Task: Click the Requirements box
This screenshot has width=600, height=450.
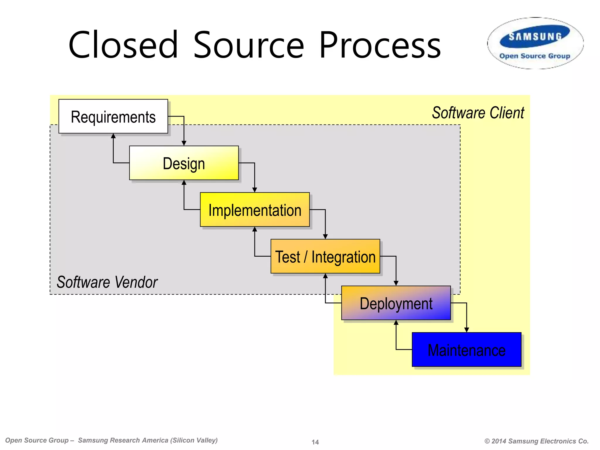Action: coord(113,117)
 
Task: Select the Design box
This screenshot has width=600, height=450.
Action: coord(184,163)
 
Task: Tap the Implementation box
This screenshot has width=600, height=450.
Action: coord(255,210)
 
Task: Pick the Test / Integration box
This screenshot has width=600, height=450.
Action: coord(325,256)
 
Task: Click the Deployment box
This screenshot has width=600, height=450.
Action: coord(396,303)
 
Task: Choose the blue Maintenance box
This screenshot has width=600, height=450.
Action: coord(466,350)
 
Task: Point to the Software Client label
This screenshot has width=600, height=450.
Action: coord(478,113)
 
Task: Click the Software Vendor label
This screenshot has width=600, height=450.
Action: coord(107,282)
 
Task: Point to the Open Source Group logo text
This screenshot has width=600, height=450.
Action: coord(535,56)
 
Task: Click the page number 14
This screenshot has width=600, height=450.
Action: coord(315,442)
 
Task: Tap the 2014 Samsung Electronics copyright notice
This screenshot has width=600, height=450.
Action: coord(536,441)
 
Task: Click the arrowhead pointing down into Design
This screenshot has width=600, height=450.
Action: coord(184,143)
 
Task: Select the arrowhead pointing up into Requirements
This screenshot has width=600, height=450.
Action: coord(113,136)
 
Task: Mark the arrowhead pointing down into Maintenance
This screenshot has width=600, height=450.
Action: coord(467,330)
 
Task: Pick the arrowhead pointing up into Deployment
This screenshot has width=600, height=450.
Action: coord(396,323)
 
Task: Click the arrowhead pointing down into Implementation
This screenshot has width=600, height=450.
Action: coord(255,190)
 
